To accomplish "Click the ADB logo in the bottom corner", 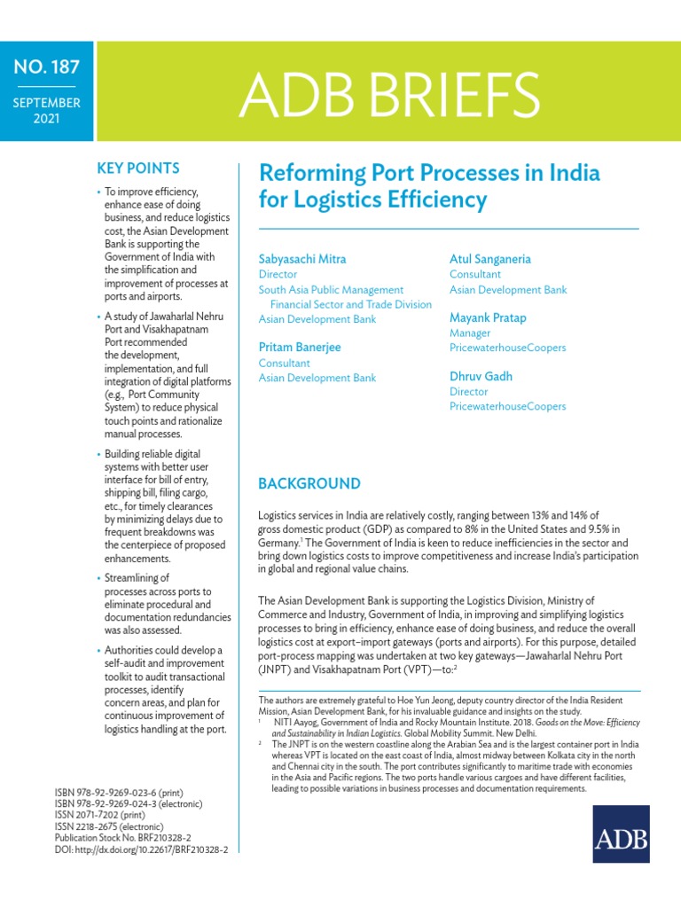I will tap(621, 834).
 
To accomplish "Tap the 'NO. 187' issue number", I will tap(46, 67).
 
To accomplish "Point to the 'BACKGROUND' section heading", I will tap(309, 483).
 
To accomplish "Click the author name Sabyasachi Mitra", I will tap(302, 259).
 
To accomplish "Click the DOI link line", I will tap(141, 849).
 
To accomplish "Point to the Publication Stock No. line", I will tap(123, 837).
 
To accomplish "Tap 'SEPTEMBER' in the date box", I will tap(46, 103).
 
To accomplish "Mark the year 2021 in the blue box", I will tap(46, 118).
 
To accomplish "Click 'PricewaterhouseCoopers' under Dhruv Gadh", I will tap(507, 406).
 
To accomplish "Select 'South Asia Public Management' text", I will tap(331, 289).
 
